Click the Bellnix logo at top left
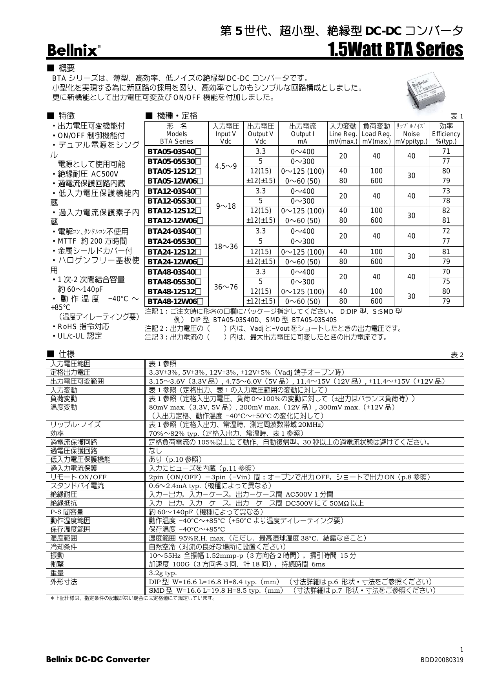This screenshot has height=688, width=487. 73,50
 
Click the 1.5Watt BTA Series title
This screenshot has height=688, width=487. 395,50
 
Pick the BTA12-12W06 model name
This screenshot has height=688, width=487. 175,221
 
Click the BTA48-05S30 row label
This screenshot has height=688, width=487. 175,282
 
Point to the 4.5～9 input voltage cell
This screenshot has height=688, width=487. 226,166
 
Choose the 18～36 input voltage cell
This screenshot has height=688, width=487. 226,247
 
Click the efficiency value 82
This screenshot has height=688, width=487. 446,211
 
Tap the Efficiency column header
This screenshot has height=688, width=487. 446,134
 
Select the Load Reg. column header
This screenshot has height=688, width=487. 376,134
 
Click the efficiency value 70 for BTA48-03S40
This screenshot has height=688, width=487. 446,272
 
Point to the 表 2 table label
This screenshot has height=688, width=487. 457,355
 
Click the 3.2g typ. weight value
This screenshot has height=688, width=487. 163,573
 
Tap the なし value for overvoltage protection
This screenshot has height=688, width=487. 155,451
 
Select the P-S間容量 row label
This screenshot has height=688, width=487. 67,512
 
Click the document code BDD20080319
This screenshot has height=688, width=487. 441,660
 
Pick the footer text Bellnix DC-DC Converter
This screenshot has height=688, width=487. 98,659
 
